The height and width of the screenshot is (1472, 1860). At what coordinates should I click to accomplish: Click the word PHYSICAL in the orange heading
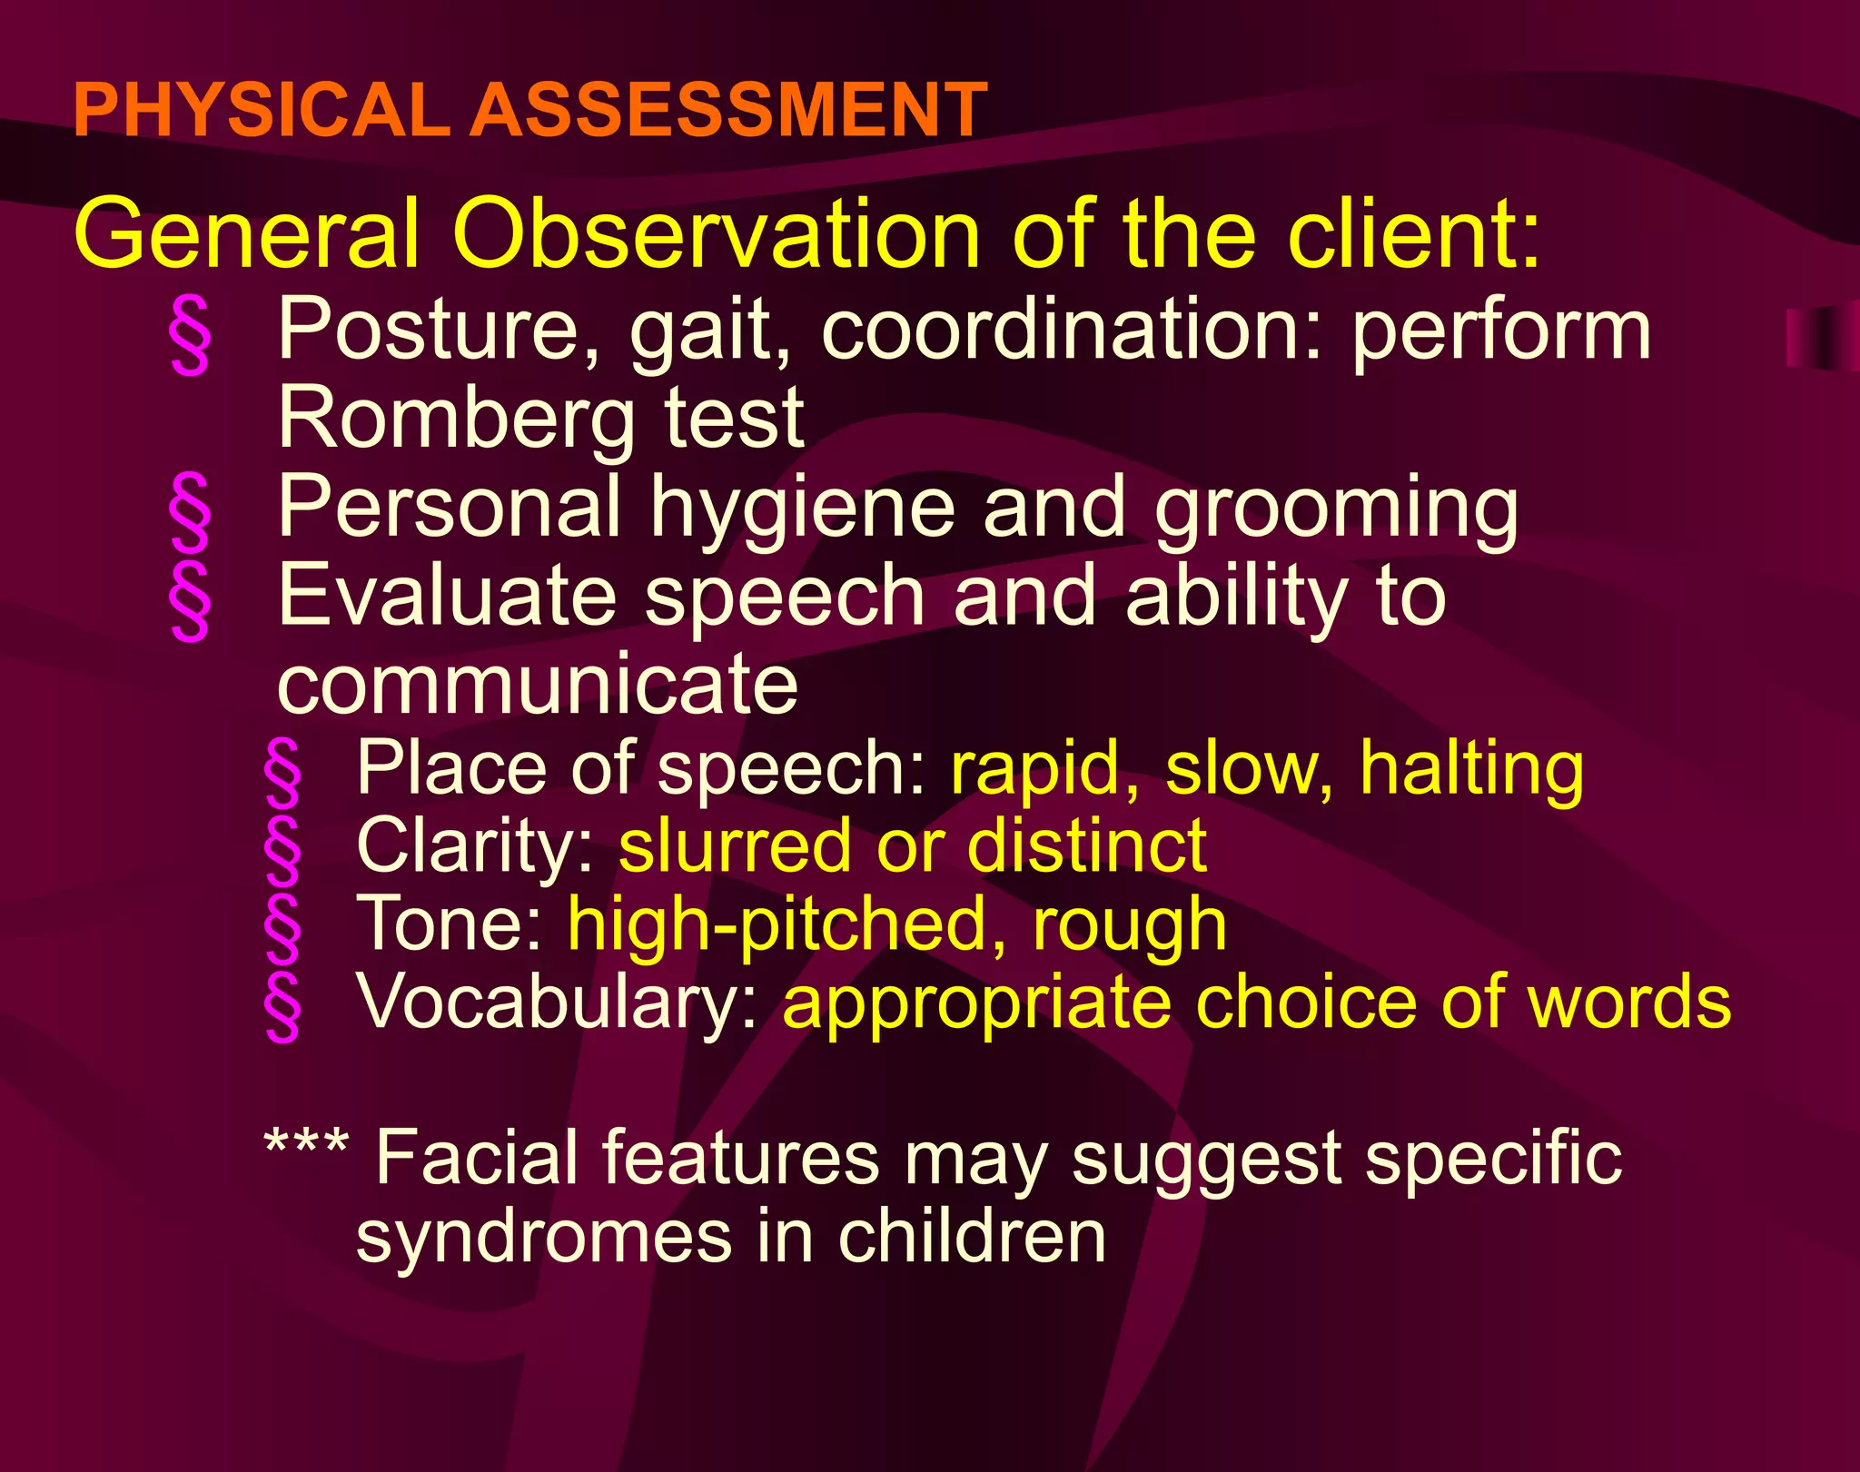point(261,110)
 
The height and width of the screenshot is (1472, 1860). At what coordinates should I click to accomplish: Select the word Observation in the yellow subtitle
point(716,234)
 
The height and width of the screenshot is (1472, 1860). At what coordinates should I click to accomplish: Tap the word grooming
point(1336,509)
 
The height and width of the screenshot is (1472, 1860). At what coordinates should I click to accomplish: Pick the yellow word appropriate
point(976,1004)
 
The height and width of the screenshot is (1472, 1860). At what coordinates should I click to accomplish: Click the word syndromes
point(543,1237)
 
